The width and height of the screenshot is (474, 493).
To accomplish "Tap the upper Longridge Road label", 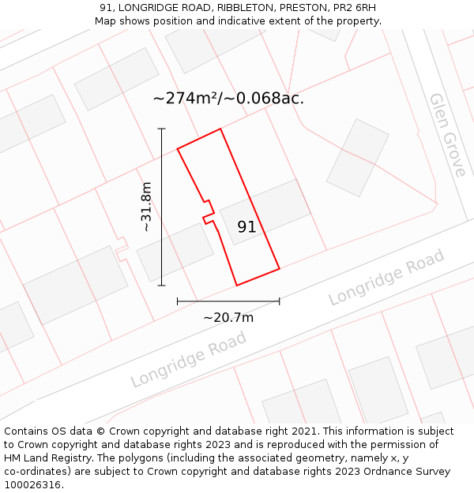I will coord(386,278).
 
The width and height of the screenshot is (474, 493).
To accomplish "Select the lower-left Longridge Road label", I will coord(189,359).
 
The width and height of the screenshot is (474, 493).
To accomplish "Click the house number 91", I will coord(246,227).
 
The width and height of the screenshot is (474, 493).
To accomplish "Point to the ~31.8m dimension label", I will coord(146,207).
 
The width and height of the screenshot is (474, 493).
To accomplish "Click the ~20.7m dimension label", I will coord(228,318).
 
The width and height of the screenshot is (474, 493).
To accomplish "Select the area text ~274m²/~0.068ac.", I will coord(228,99).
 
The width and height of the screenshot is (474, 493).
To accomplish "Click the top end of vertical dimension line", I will coord(162,129).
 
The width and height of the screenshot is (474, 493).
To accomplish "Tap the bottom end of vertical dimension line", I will coord(162,285).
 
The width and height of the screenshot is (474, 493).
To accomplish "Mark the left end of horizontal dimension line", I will coord(178,301).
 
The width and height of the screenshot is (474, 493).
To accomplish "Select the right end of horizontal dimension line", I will coord(280,301).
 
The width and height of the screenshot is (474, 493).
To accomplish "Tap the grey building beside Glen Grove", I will coord(358,158).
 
